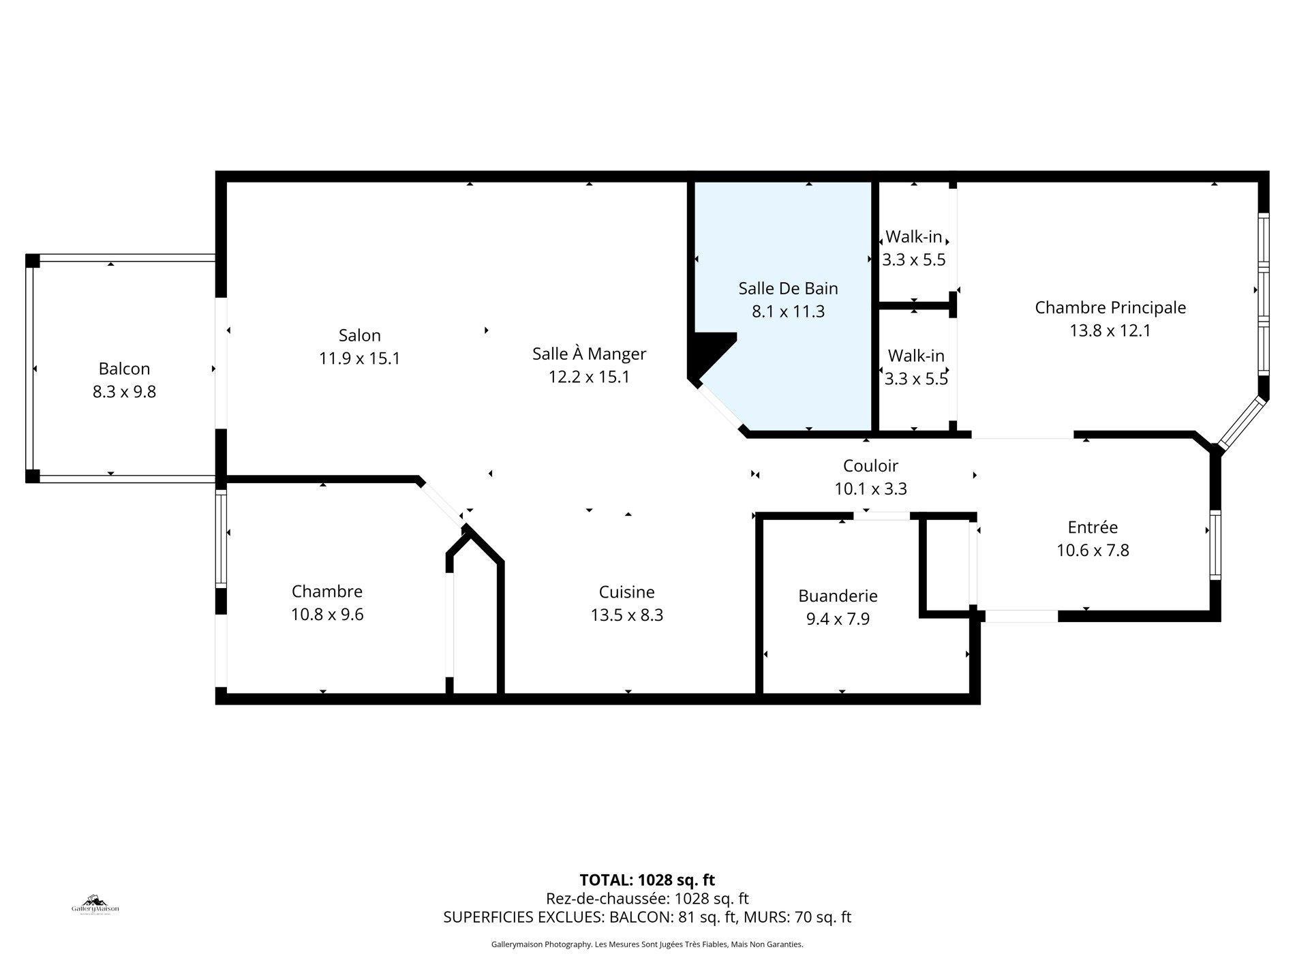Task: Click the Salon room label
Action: (x=359, y=335)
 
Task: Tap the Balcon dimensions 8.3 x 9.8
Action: (x=124, y=392)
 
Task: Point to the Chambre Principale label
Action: (x=1110, y=307)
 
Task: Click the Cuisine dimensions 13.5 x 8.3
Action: (x=626, y=615)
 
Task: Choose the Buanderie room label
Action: (x=837, y=596)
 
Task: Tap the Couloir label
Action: (x=870, y=465)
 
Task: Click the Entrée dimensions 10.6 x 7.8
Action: (x=1092, y=550)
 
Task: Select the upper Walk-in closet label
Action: (x=913, y=237)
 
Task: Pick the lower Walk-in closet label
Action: (x=915, y=356)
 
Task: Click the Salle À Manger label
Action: (x=589, y=354)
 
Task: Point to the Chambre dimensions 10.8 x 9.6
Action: (x=327, y=615)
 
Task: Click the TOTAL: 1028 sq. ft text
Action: (x=647, y=880)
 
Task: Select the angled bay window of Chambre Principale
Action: (x=1242, y=424)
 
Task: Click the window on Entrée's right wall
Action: (x=1215, y=544)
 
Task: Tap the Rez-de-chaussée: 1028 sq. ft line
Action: (x=647, y=899)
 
